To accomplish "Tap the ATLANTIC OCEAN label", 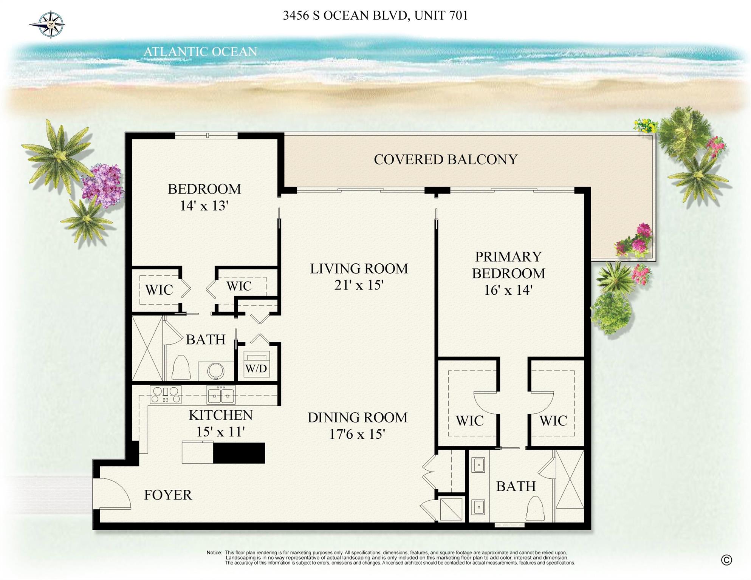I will tap(200, 52).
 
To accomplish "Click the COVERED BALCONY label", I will tap(445, 159).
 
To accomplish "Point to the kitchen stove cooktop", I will tap(166, 394).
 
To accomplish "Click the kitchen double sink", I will tap(221, 395).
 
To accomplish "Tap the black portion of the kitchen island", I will tap(239, 453).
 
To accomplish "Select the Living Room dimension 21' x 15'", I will tap(359, 285).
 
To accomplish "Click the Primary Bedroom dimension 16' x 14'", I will tap(508, 290).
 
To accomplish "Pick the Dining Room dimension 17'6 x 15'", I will tap(357, 434).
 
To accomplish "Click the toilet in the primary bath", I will tap(535, 509).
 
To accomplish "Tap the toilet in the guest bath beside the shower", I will tap(181, 367).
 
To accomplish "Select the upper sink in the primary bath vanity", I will tap(478, 465).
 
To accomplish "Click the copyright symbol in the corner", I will tap(726, 560).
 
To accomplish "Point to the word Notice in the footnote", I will tap(214, 552).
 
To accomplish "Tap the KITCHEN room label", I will tap(220, 415).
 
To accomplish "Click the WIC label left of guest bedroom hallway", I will tap(159, 290).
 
